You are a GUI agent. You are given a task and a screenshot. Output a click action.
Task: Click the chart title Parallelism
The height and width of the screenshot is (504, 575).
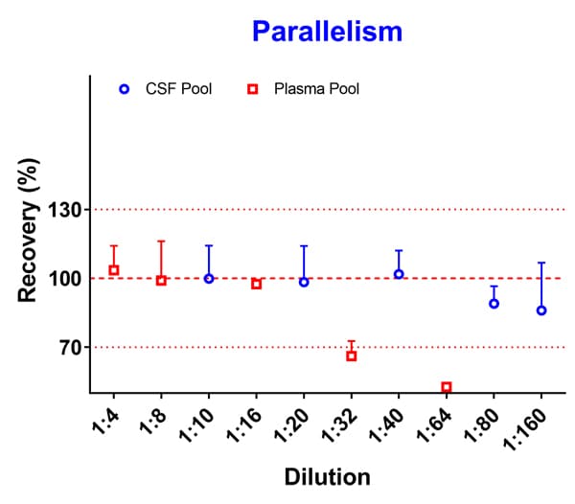pos(327,32)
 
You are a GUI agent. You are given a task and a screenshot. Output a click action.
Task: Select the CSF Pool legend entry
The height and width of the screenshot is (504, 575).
pos(165,89)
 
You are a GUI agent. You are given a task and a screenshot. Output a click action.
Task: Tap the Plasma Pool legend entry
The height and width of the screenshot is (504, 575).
pos(301,89)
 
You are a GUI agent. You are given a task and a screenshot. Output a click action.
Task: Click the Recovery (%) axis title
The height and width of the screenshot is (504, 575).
pos(29,240)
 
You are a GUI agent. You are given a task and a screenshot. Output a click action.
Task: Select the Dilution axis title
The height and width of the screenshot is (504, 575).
pos(327,476)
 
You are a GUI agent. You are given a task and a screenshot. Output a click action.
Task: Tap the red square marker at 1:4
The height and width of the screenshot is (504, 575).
pos(114,270)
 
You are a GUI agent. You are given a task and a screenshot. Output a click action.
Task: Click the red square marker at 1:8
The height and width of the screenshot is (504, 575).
pos(161,280)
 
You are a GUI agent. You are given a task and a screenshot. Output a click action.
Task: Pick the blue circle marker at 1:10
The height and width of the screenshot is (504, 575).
pos(209,278)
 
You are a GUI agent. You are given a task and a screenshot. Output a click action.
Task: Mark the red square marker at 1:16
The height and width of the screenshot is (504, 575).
pos(256,284)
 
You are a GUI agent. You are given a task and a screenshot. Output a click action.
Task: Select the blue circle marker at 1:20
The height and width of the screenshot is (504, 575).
pos(304,282)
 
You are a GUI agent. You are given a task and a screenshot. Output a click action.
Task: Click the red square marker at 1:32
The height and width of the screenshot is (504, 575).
pos(351,355)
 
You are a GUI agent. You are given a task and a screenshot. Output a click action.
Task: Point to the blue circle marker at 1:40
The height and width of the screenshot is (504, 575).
pos(399,274)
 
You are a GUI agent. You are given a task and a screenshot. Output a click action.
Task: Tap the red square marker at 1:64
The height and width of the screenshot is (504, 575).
pos(446,387)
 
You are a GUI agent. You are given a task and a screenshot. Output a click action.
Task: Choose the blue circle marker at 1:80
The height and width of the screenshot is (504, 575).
pos(494,303)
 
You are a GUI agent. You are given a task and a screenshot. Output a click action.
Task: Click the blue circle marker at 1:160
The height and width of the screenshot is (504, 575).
pos(541,310)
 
